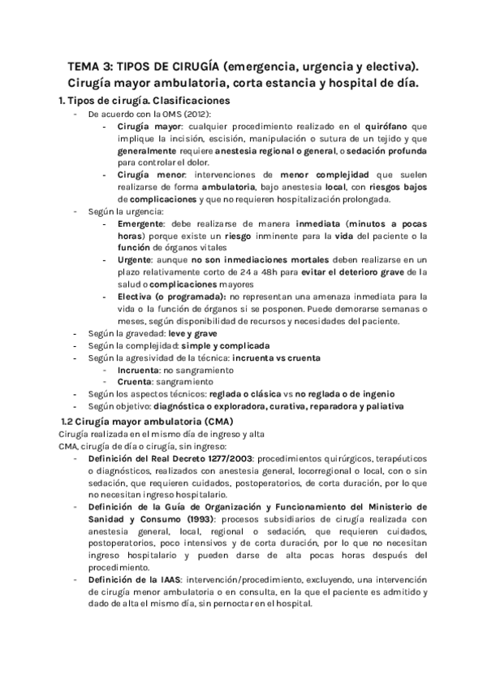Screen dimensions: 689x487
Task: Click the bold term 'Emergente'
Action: (144, 223)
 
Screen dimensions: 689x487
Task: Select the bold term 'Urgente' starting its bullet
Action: (138, 259)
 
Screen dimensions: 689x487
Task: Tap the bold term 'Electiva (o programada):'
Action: (170, 297)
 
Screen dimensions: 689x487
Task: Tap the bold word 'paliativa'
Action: (380, 406)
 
